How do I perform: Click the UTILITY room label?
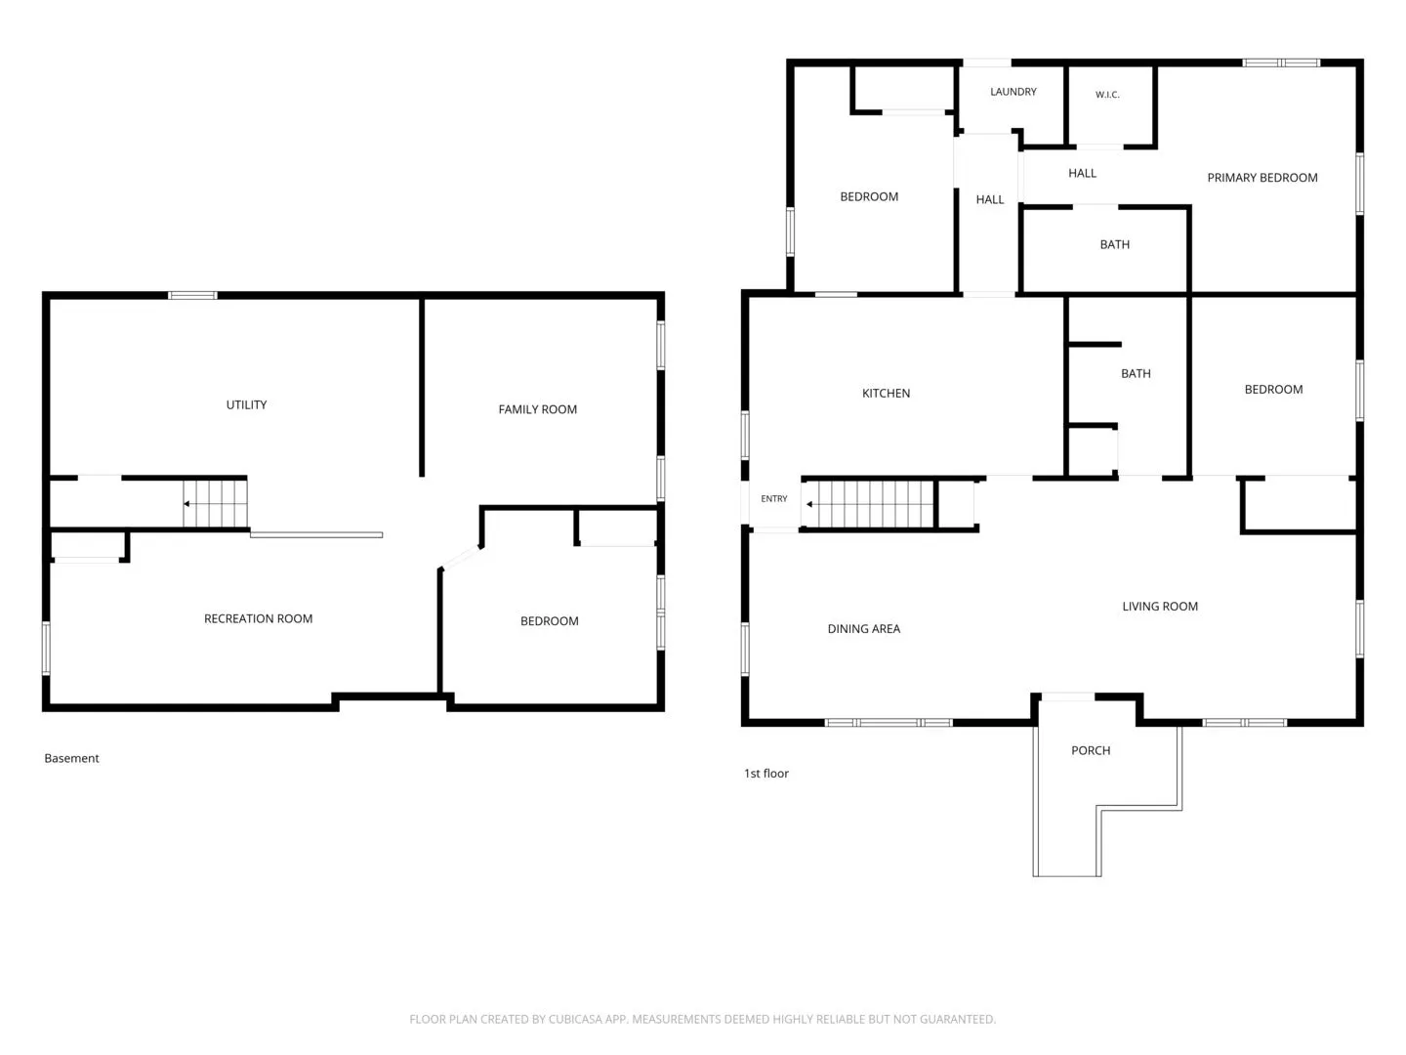[246, 404]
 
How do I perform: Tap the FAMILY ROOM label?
[537, 409]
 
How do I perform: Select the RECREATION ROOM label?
[258, 618]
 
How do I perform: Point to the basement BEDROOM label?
[549, 621]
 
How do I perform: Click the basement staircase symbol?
[215, 503]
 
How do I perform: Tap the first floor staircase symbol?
[868, 504]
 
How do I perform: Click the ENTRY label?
[773, 498]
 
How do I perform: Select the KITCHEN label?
[886, 394]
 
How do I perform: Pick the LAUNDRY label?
[1013, 92]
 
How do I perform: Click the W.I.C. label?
[1107, 95]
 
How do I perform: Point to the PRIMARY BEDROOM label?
[1261, 178]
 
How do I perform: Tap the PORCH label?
[1091, 751]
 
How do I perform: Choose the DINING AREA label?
[863, 629]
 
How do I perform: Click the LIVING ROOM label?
[1159, 607]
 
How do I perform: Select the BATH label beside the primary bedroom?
[1115, 244]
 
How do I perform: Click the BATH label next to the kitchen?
[1136, 374]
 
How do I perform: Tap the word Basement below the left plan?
[71, 758]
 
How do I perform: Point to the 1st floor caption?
[766, 774]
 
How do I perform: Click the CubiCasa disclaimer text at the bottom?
[703, 1019]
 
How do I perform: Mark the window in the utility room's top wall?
[192, 295]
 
